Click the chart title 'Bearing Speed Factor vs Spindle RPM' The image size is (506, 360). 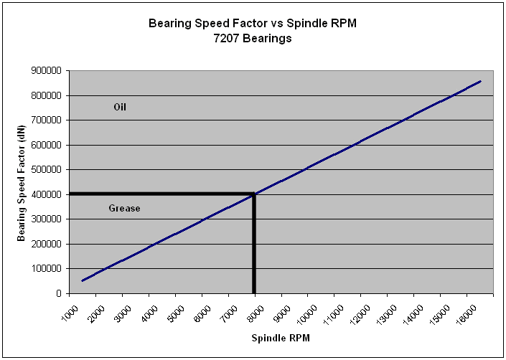tap(252, 23)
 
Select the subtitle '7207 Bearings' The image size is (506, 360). tap(252, 39)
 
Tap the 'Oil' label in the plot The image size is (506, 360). tap(120, 107)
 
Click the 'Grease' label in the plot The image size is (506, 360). tap(124, 209)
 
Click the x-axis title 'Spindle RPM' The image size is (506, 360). tap(280, 338)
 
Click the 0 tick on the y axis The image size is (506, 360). tap(60, 293)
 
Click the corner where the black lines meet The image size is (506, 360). tap(254, 194)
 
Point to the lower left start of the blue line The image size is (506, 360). tap(82, 280)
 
